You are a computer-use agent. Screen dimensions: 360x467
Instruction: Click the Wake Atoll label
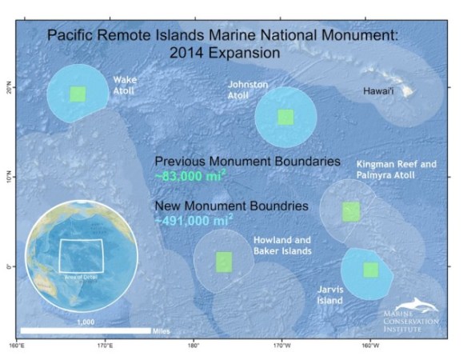pos(124,85)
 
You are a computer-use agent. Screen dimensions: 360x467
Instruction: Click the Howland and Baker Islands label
pos(281,245)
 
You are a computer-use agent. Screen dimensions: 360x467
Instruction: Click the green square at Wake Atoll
pos(77,94)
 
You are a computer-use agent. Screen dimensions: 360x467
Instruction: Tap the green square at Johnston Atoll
pos(285,117)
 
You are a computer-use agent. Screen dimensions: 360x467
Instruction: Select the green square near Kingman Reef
pos(350,211)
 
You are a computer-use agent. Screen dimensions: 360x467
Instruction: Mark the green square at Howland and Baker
pos(224,262)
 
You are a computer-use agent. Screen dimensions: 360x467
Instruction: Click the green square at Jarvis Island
pos(369,270)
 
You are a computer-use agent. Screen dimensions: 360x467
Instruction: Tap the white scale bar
pos(84,330)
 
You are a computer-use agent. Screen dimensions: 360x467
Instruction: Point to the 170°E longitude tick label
pos(105,346)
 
